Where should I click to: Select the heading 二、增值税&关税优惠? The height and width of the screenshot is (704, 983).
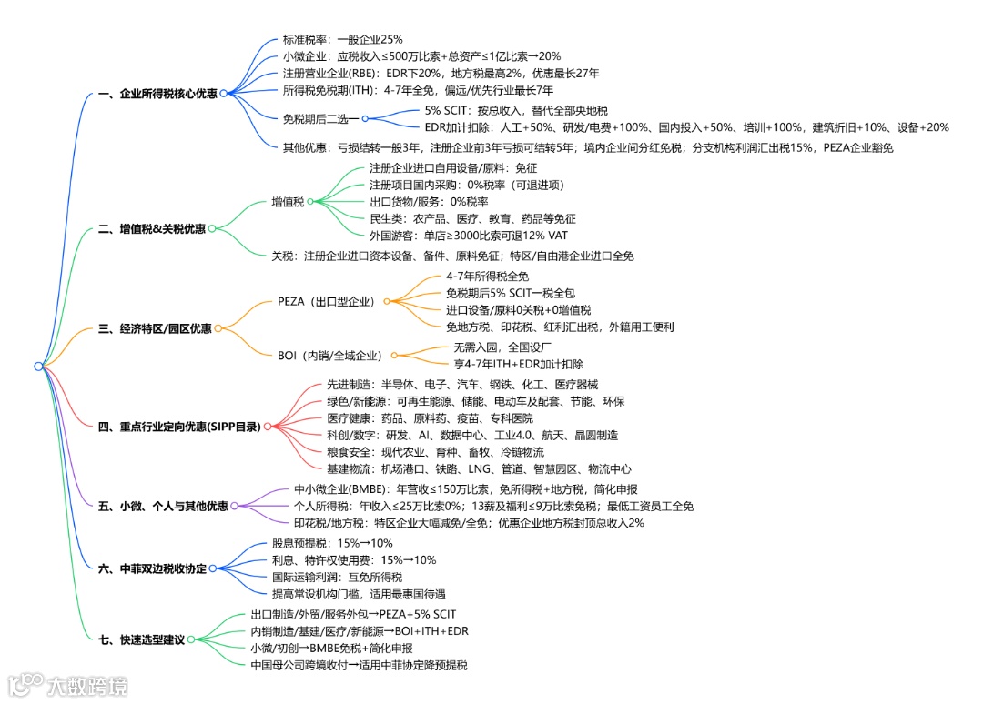click(x=151, y=229)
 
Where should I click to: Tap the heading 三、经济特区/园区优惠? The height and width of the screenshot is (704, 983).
click(x=154, y=328)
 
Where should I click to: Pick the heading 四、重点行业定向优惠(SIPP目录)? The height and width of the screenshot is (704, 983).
click(x=178, y=426)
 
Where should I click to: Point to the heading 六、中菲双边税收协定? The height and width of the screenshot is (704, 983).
click(x=151, y=568)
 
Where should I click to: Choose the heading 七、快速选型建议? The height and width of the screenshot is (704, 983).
click(x=140, y=639)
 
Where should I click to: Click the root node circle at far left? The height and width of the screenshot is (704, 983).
click(x=38, y=366)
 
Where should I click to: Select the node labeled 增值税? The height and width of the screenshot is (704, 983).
click(x=288, y=201)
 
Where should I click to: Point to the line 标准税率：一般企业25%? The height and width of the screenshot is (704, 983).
click(x=342, y=40)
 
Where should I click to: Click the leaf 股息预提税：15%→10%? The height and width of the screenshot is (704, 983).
click(x=319, y=543)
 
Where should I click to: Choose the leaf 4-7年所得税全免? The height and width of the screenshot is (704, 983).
click(x=487, y=276)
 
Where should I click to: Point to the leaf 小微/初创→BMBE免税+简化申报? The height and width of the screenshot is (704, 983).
click(x=331, y=649)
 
